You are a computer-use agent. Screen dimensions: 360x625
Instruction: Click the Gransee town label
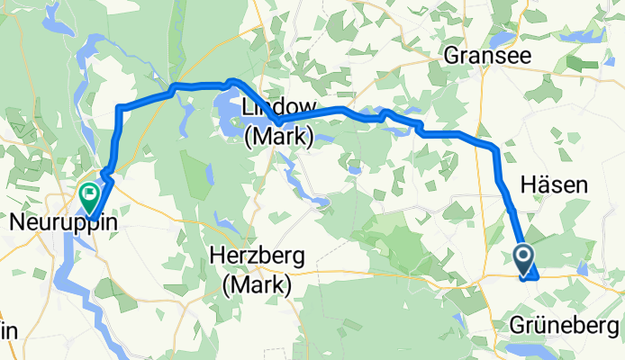click(486, 56)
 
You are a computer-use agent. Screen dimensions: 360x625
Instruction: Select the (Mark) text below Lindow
click(278, 138)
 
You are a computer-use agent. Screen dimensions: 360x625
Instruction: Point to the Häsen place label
click(555, 185)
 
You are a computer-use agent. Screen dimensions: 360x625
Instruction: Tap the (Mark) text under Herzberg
click(258, 286)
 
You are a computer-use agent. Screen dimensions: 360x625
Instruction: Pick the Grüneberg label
click(566, 324)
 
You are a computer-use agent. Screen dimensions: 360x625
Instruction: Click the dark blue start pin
click(525, 258)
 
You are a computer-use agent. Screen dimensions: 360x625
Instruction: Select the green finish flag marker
click(90, 193)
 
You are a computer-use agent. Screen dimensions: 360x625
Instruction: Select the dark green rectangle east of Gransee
click(583, 64)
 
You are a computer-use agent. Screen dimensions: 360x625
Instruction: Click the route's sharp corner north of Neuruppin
click(120, 108)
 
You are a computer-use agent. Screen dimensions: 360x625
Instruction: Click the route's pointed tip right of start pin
click(537, 277)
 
